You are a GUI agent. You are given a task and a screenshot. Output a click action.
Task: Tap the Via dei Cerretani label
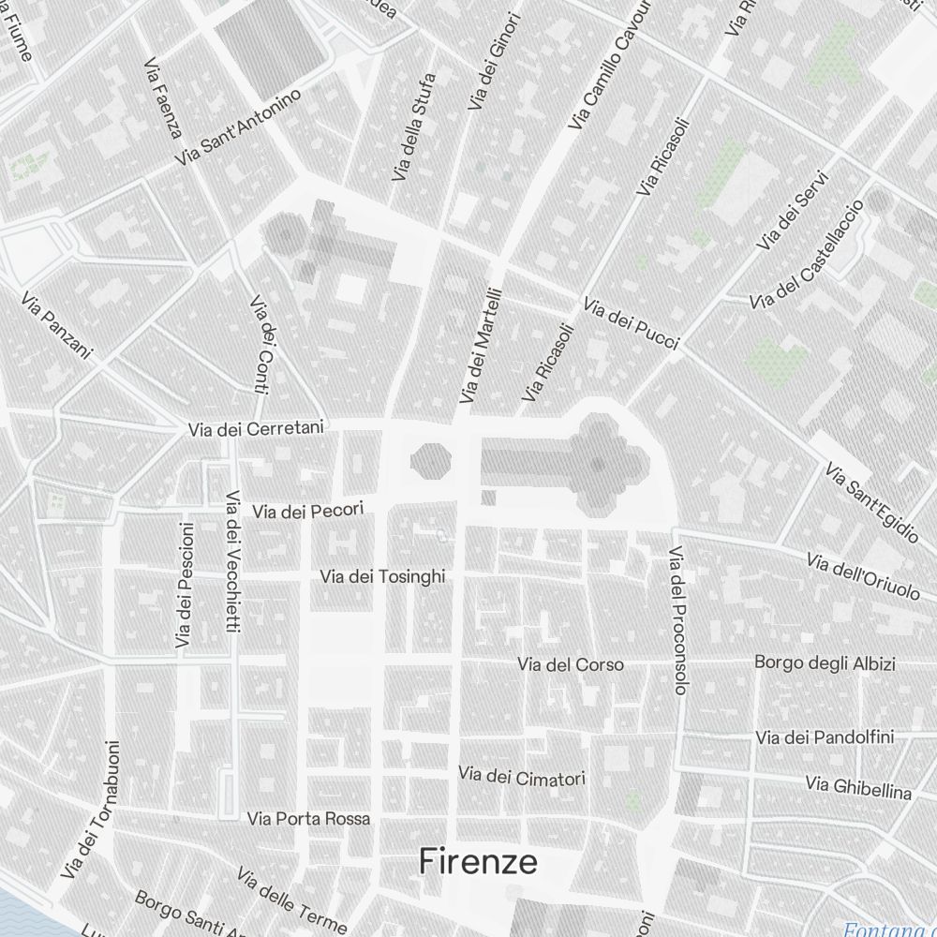256,429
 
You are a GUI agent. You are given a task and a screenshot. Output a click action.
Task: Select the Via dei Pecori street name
306,511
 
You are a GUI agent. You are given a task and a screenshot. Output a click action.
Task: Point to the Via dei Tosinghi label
382,576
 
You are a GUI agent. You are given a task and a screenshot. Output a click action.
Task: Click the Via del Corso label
571,664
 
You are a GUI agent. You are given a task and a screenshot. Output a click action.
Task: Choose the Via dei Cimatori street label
522,776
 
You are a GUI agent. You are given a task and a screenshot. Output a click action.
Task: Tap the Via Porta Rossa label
308,818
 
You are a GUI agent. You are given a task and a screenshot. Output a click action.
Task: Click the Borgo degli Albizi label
825,663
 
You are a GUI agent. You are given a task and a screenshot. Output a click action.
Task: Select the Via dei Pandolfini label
825,737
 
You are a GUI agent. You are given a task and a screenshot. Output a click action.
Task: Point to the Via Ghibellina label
858,787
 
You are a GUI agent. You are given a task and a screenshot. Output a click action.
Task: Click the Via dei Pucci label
631,324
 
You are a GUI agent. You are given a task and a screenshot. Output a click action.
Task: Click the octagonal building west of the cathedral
431,460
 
